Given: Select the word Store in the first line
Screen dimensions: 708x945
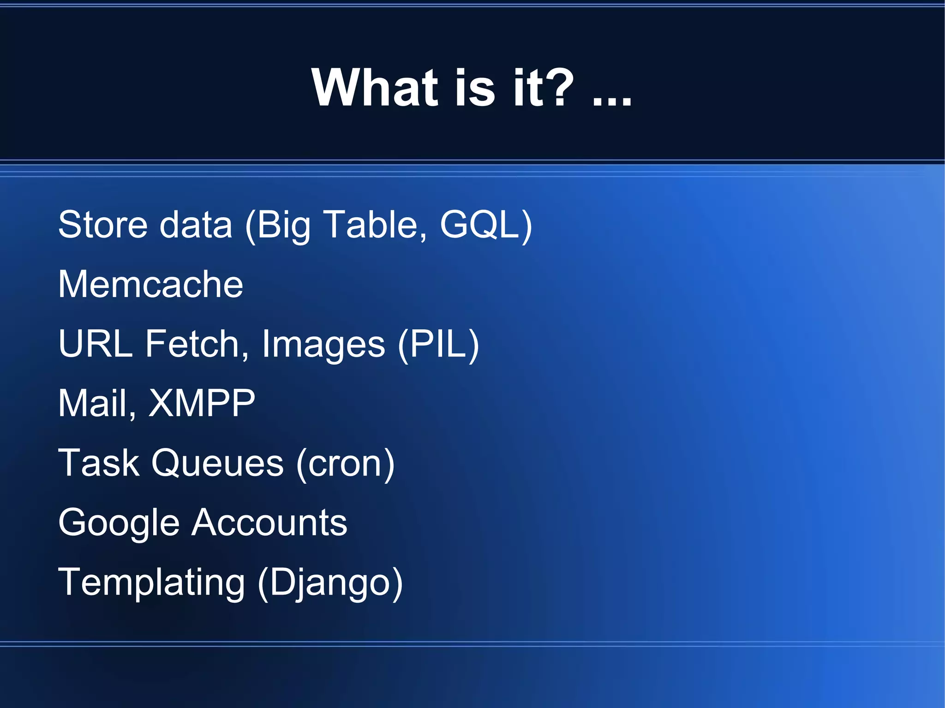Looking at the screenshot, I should coord(102,225).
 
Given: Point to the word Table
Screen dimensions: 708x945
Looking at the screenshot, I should coord(374,225).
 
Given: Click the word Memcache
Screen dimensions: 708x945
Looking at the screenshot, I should coord(150,284).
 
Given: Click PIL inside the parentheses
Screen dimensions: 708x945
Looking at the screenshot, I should coord(438,344).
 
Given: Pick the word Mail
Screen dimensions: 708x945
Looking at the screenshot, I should coord(96,404).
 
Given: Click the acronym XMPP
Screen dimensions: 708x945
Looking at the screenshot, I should coord(202,404).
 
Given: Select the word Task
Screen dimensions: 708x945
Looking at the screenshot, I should coord(99,463).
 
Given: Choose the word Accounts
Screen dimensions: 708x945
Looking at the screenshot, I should coord(269,523).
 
